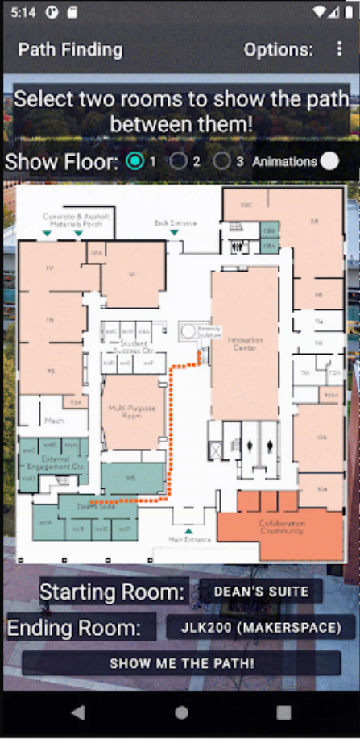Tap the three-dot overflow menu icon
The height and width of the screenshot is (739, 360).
pyautogui.click(x=339, y=49)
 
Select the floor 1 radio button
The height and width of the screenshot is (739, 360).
pyautogui.click(x=135, y=161)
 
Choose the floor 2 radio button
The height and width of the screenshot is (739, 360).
pyautogui.click(x=178, y=161)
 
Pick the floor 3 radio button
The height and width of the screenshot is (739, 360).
pyautogui.click(x=221, y=161)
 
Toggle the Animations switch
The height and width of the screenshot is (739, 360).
pyautogui.click(x=329, y=161)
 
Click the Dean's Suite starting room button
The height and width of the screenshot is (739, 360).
pyautogui.click(x=261, y=592)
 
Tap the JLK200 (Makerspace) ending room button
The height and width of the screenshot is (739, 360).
pyautogui.click(x=261, y=627)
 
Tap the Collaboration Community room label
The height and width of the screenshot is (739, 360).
pyautogui.click(x=281, y=527)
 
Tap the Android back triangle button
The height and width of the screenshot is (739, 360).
pyautogui.click(x=78, y=712)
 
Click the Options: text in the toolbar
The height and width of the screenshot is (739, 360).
pyautogui.click(x=278, y=49)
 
